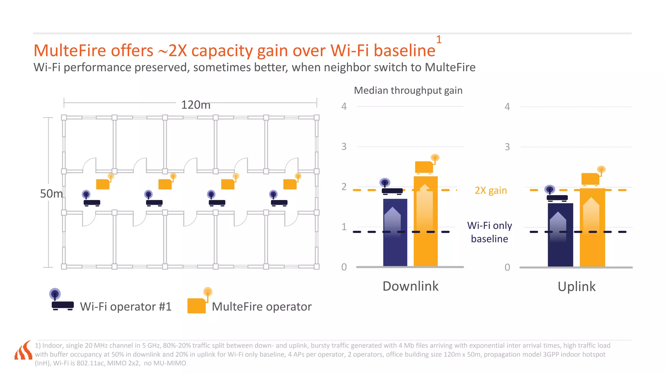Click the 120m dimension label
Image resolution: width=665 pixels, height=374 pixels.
tap(195, 105)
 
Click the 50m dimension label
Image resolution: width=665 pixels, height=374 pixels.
tap(51, 193)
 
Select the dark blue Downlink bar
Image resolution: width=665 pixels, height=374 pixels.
tap(395, 232)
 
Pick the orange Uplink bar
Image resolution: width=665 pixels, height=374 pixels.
tap(592, 227)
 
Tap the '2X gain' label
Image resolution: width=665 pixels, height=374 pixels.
tap(490, 190)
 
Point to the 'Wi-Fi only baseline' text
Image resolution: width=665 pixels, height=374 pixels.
tap(489, 232)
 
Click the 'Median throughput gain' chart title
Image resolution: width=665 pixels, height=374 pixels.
tap(408, 90)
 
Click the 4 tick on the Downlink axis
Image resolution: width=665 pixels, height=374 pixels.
tap(344, 106)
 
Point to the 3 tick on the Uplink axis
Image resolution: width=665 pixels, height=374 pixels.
tap(507, 147)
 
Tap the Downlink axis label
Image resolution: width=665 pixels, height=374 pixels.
tap(410, 286)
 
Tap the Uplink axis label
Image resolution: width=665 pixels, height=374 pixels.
tap(576, 286)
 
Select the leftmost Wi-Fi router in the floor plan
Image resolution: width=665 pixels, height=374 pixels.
tap(91, 199)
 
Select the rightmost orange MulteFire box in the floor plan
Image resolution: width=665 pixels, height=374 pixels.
tap(290, 183)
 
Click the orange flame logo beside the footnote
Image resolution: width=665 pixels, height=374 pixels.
tap(23, 351)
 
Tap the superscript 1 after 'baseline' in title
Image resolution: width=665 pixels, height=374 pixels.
tap(439, 40)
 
